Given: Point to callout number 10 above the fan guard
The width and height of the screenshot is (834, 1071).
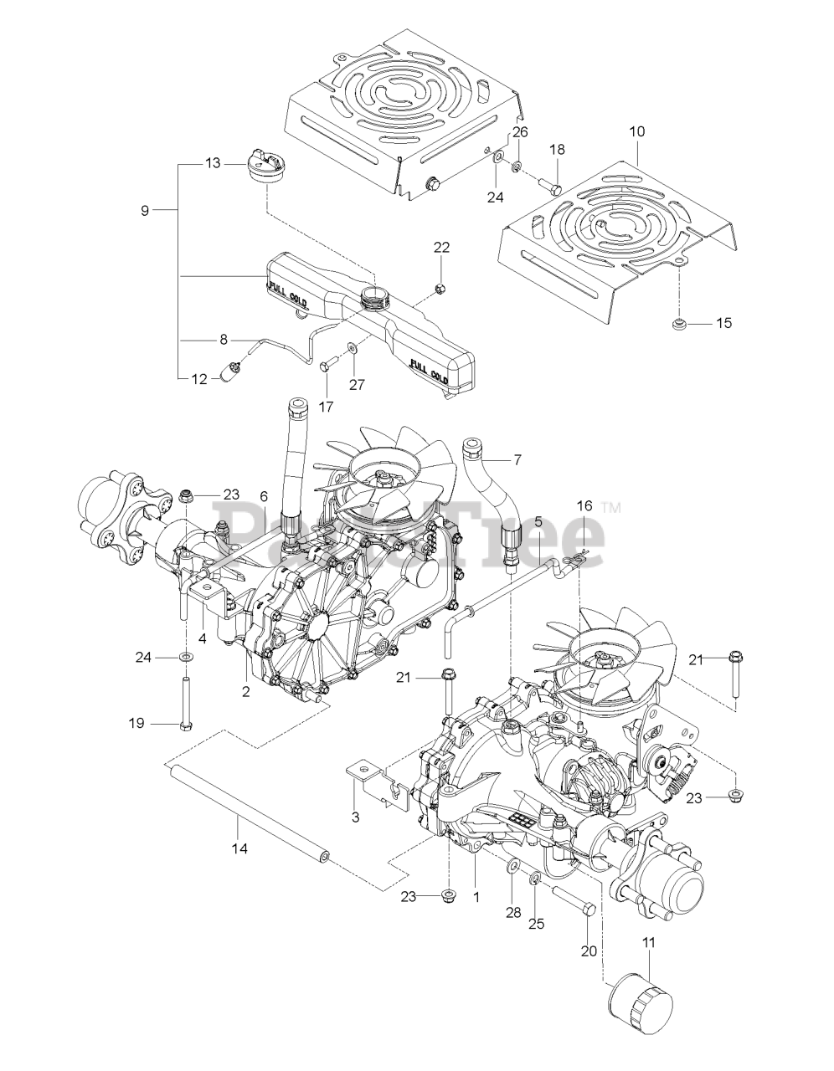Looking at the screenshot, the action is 636,131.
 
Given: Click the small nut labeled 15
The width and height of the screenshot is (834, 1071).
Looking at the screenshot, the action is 680,325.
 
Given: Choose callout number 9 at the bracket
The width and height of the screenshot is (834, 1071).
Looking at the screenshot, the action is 145,211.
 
